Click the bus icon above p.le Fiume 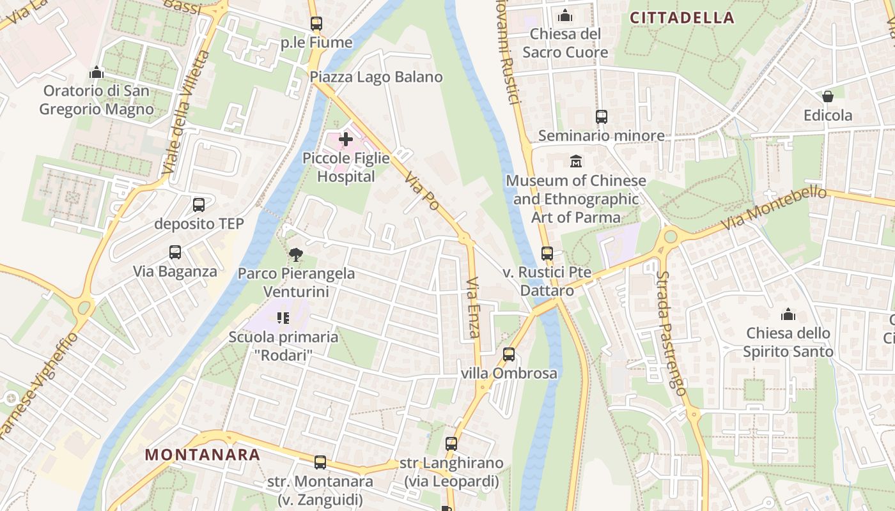pyautogui.click(x=316, y=24)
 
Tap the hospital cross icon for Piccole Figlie pyautogui.click(x=346, y=139)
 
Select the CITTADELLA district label pyautogui.click(x=682, y=18)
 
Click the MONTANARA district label pyautogui.click(x=203, y=455)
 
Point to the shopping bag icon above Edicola pyautogui.click(x=828, y=96)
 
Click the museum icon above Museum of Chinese pyautogui.click(x=576, y=161)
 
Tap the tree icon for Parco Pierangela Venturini pyautogui.click(x=295, y=255)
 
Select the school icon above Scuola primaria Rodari pyautogui.click(x=283, y=317)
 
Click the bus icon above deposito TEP pyautogui.click(x=199, y=205)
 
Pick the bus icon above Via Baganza pyautogui.click(x=175, y=252)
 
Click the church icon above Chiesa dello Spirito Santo pyautogui.click(x=788, y=314)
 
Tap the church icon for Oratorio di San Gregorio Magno pyautogui.click(x=97, y=72)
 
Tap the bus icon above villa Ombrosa pyautogui.click(x=509, y=354)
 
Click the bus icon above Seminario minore pyautogui.click(x=601, y=117)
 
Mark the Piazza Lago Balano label pyautogui.click(x=376, y=77)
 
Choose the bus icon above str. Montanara pyautogui.click(x=320, y=462)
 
